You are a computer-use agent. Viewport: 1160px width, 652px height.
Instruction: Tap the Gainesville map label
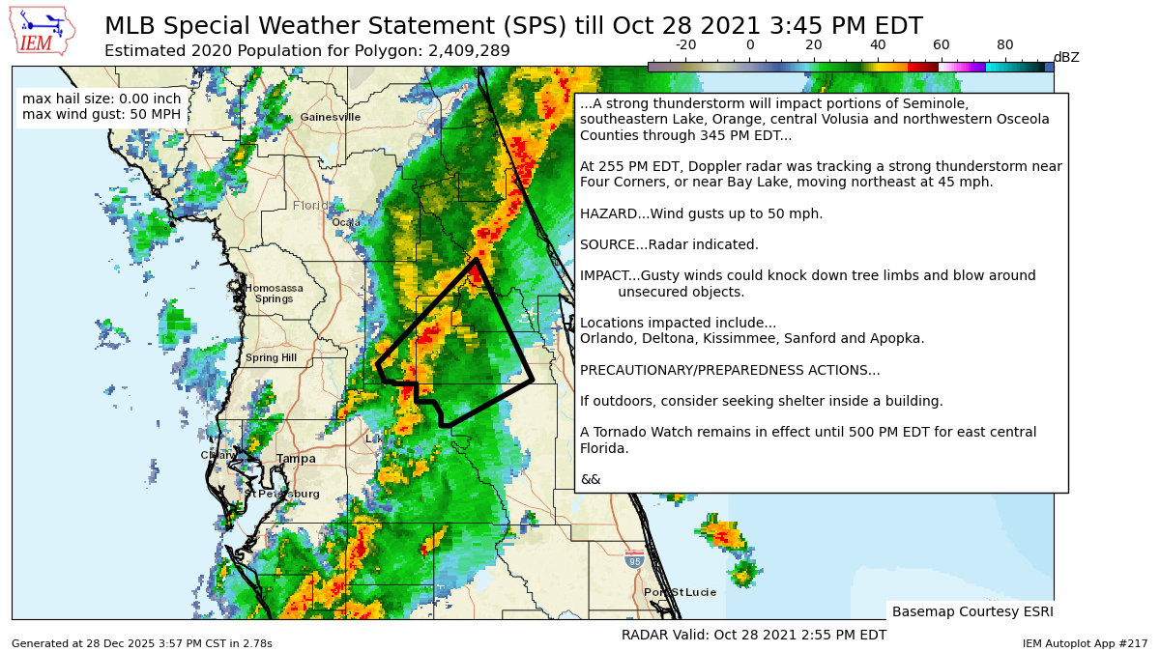pyautogui.click(x=330, y=117)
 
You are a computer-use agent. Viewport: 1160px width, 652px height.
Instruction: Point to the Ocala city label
pyautogui.click(x=345, y=222)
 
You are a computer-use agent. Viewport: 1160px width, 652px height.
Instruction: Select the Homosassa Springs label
pyautogui.click(x=274, y=294)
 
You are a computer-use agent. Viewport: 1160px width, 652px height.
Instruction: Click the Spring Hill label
pyautogui.click(x=271, y=358)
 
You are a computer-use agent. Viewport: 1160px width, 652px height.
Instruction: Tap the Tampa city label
pyautogui.click(x=296, y=459)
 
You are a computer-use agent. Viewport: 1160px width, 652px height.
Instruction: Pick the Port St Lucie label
pyautogui.click(x=680, y=592)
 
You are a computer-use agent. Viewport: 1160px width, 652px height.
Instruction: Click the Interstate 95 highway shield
pyautogui.click(x=634, y=560)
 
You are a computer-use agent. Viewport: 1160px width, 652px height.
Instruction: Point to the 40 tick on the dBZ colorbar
pyautogui.click(x=878, y=45)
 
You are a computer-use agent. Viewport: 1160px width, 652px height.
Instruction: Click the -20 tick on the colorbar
pyautogui.click(x=685, y=45)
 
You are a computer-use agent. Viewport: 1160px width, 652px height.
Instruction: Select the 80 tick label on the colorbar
pyautogui.click(x=1005, y=45)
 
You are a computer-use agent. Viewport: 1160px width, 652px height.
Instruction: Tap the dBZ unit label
pyautogui.click(x=1065, y=58)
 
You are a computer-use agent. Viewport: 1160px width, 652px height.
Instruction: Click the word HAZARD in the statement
pyautogui.click(x=607, y=213)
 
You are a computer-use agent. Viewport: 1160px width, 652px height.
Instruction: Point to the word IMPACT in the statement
pyautogui.click(x=604, y=276)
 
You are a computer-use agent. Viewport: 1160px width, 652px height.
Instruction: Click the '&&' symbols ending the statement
pyautogui.click(x=590, y=479)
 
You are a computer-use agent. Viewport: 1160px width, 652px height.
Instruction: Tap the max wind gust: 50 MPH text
pyautogui.click(x=101, y=115)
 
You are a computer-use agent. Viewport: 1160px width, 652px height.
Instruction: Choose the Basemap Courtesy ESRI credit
pyautogui.click(x=971, y=611)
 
